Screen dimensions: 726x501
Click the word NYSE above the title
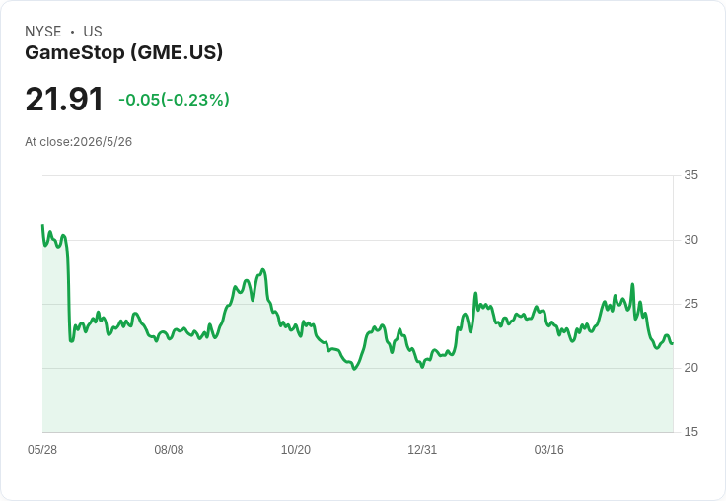(43, 32)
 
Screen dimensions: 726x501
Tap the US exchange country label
(93, 32)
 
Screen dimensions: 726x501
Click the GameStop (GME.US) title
(123, 53)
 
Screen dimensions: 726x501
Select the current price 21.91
(64, 99)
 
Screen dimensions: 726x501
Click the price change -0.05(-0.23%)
(174, 100)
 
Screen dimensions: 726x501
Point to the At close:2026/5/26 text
(78, 142)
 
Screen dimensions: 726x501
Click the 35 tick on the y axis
(690, 175)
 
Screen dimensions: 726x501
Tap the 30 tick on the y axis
(690, 240)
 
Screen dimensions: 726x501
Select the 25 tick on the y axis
(690, 304)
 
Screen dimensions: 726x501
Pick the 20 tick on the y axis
(690, 368)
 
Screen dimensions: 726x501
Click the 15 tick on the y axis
(690, 432)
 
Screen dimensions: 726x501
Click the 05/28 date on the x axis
(42, 450)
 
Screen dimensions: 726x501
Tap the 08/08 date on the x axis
(169, 450)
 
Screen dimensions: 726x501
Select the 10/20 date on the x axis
(296, 450)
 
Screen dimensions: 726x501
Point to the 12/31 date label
(422, 450)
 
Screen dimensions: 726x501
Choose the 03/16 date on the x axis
(549, 450)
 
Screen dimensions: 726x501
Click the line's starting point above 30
(42, 225)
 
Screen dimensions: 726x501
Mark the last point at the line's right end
(673, 343)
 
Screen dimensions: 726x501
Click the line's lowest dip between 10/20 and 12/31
(355, 369)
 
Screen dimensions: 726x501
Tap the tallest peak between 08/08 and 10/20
(263, 269)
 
